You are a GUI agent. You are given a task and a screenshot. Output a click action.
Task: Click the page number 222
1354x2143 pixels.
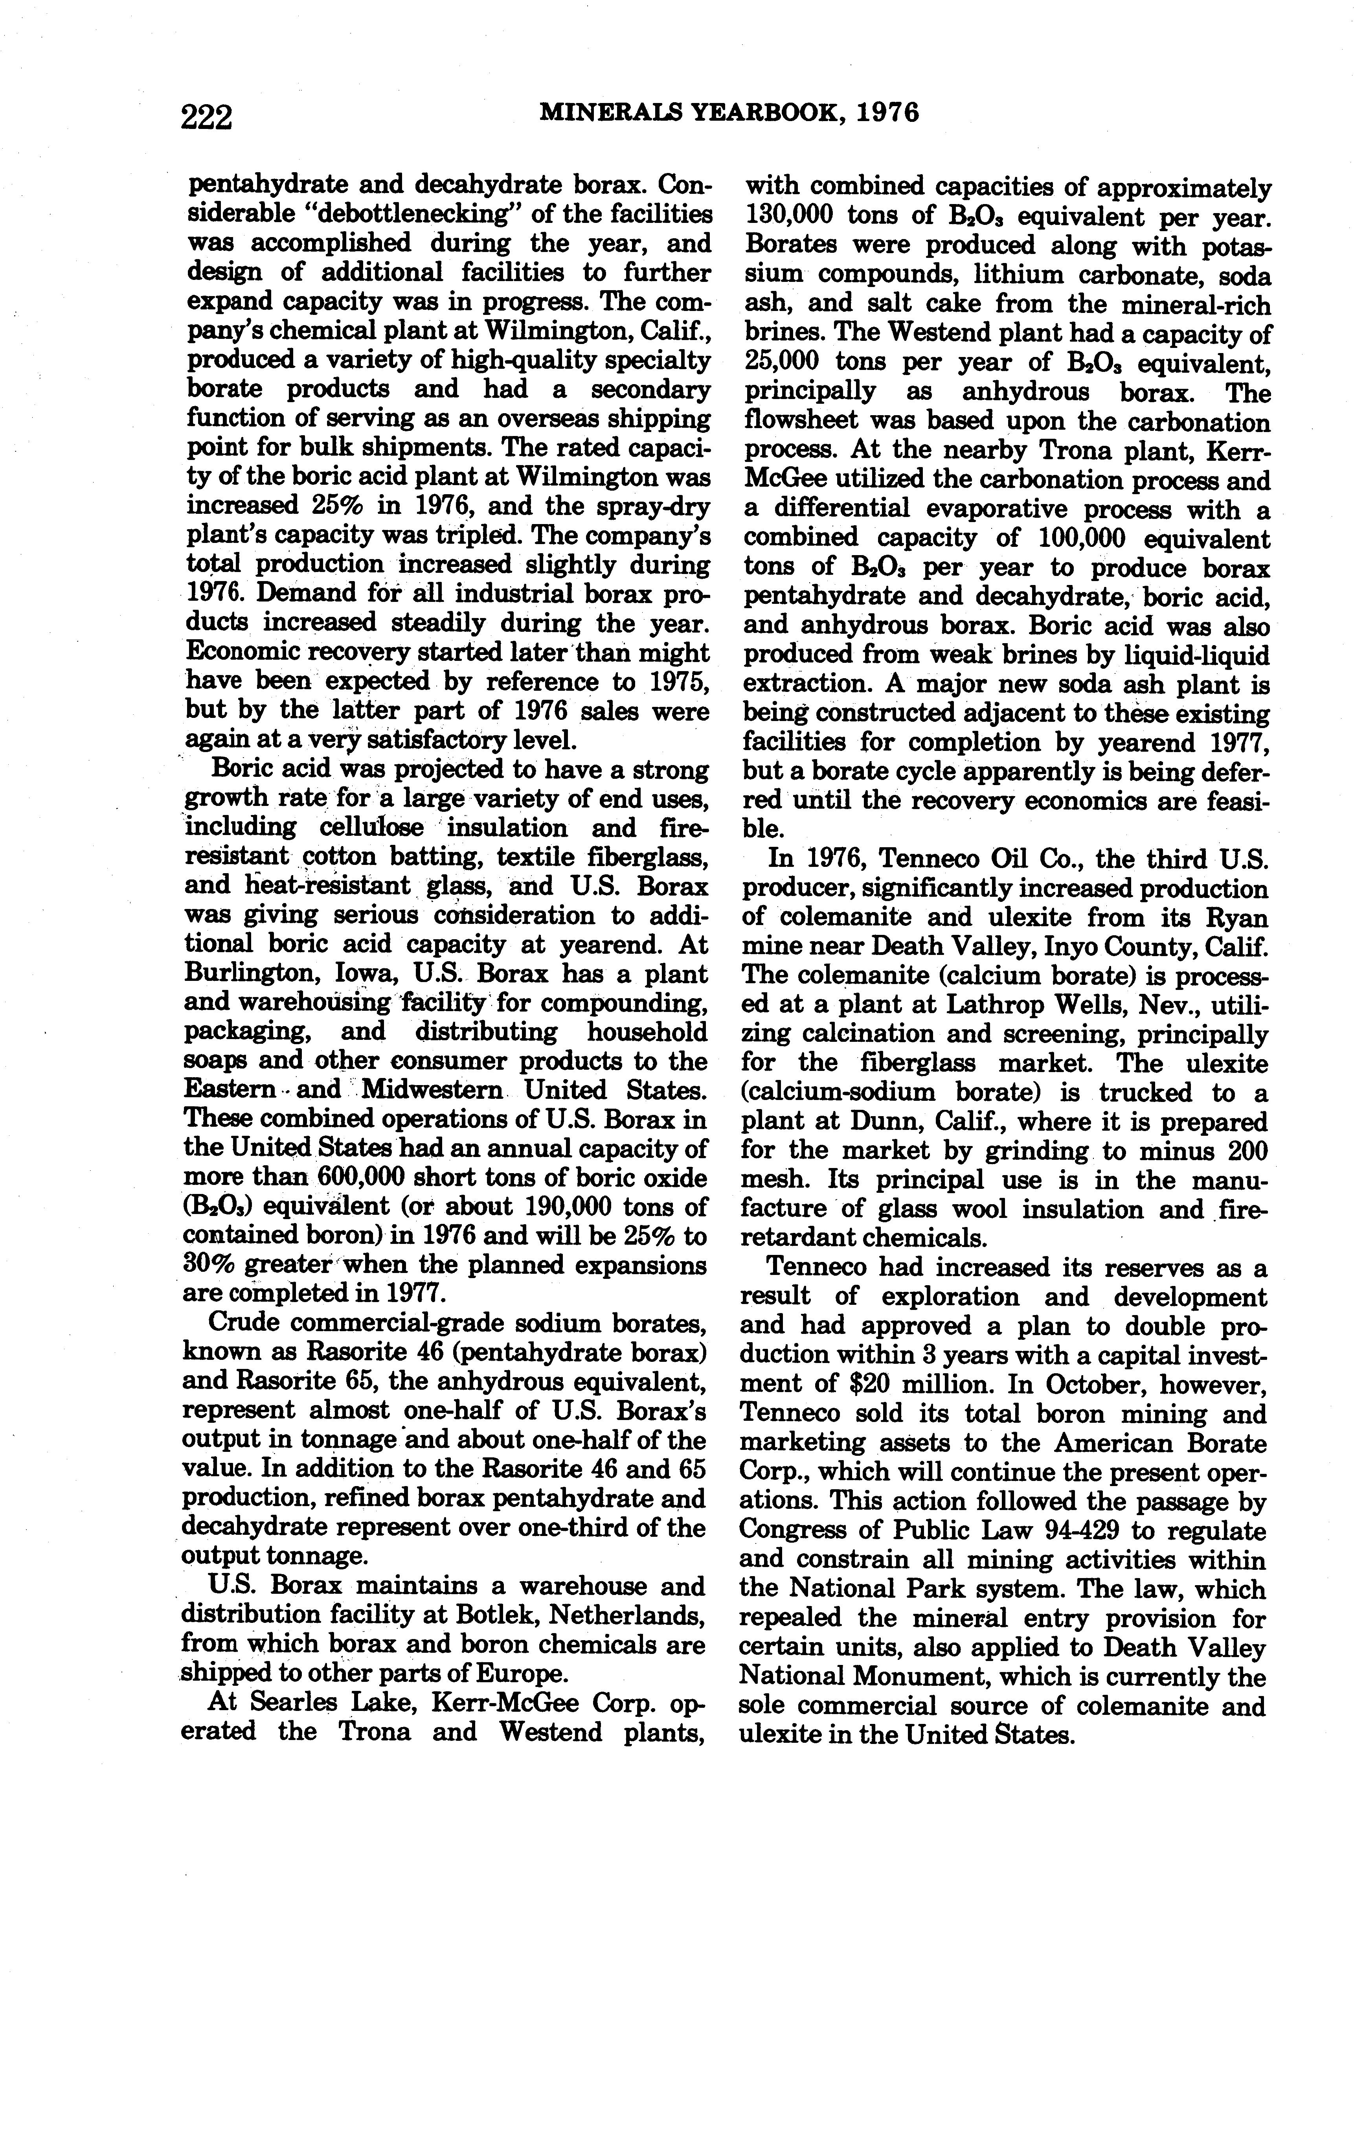coord(206,117)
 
